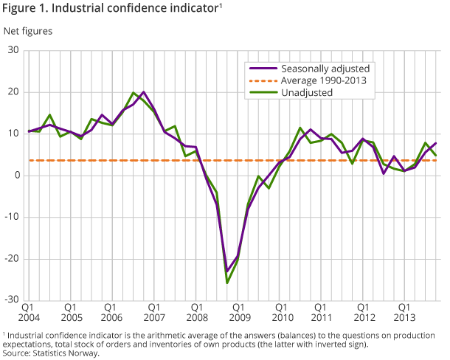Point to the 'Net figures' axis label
28,32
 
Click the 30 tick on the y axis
14,50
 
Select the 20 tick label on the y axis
14,91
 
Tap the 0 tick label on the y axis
16,175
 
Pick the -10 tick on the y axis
12,217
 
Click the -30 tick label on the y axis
12,300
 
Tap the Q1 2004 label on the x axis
29,312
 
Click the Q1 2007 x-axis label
154,312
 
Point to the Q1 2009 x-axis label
238,312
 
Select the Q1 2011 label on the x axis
321,312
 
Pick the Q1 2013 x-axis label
404,312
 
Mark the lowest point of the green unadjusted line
227,283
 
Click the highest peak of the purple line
143,92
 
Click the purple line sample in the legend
260,68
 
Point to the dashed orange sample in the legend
260,80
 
